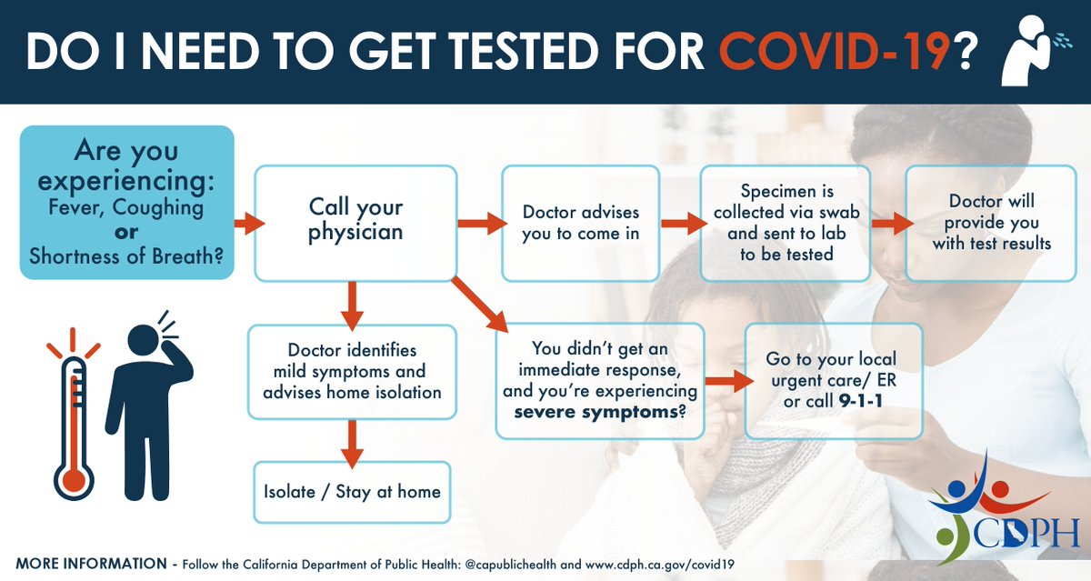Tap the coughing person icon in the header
[1026, 51]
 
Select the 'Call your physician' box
[355, 221]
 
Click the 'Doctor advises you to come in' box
[580, 223]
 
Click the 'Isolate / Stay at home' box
[352, 492]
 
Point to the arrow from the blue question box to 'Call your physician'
[248, 223]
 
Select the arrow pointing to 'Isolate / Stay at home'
[353, 442]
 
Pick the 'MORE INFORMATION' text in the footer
[91, 564]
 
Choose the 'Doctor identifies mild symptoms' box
[352, 371]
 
